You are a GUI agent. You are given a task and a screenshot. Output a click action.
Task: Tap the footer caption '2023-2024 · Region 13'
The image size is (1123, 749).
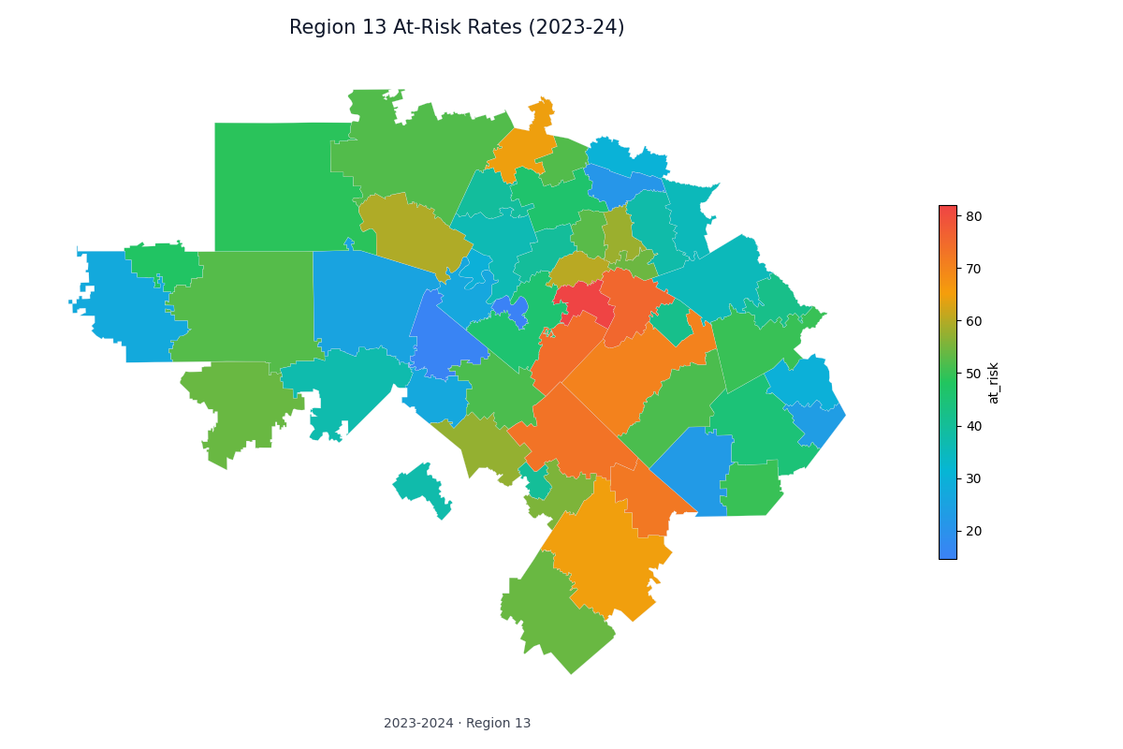(x=457, y=723)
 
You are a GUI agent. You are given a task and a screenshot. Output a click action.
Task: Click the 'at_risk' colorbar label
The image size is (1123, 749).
(x=994, y=382)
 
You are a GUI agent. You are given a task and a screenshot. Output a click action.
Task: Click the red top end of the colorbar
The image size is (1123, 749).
(x=947, y=210)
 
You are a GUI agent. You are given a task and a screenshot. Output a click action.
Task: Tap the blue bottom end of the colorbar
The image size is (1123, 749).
(x=947, y=554)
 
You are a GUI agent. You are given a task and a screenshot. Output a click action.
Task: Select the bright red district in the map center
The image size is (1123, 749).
(x=585, y=301)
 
